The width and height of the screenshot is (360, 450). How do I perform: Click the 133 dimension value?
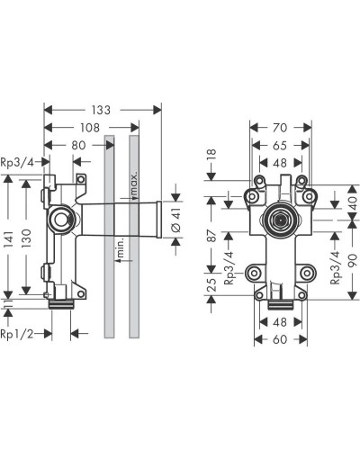tap(102, 109)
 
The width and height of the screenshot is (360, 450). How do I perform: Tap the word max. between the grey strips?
tap(132, 184)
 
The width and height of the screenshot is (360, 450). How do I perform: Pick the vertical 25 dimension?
tap(212, 288)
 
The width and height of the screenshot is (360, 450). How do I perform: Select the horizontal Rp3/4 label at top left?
tap(18, 162)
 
